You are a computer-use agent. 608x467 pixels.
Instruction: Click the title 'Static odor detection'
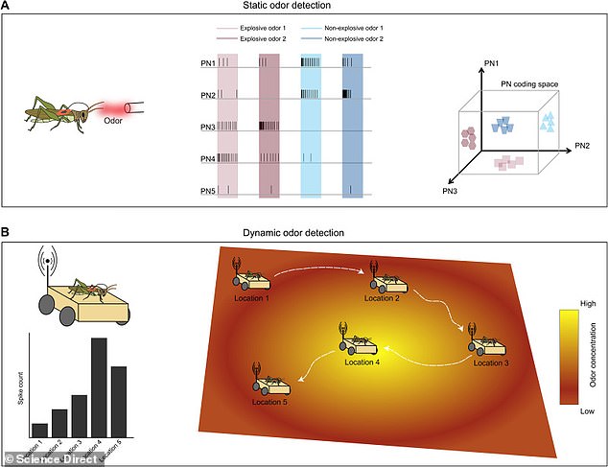pyautogui.click(x=303, y=8)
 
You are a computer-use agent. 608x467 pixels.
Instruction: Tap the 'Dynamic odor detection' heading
pyautogui.click(x=303, y=232)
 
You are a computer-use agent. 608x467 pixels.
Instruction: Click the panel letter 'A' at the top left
pyautogui.click(x=8, y=9)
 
